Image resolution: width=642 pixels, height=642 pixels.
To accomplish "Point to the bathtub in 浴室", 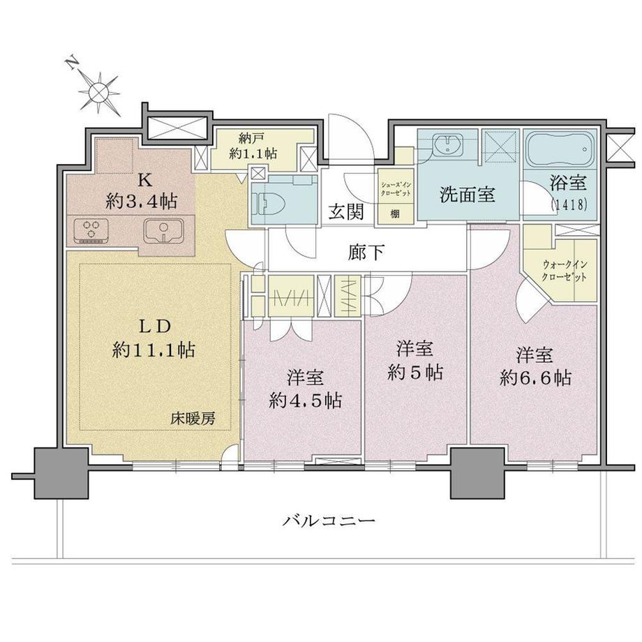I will coord(558,149).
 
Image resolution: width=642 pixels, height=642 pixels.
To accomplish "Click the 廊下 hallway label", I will coord(367,252).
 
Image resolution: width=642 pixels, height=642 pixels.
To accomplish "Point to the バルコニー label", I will coord(330,521).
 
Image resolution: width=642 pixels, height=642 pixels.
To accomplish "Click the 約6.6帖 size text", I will coord(536,378).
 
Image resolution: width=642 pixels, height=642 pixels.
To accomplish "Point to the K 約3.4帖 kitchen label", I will coord(143,192).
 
